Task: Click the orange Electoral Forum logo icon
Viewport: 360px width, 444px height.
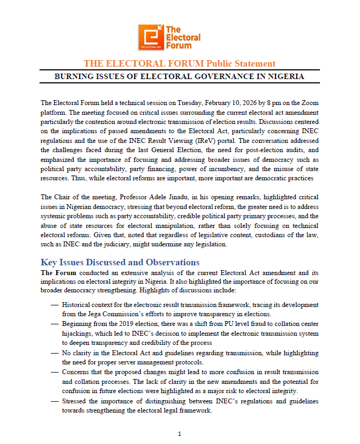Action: [150, 37]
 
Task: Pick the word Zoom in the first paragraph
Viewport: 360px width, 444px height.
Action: [309, 102]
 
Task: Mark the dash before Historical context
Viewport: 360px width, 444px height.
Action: [55, 305]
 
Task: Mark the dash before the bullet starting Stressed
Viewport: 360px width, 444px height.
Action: [55, 401]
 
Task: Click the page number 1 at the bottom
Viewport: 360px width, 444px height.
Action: [180, 434]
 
